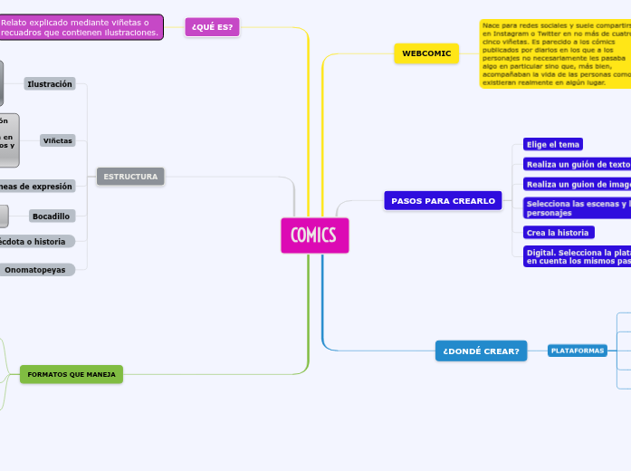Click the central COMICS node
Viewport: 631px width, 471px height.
[x=314, y=235]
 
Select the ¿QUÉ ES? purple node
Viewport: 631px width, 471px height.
[x=212, y=27]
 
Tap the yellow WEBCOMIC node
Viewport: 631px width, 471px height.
[x=426, y=54]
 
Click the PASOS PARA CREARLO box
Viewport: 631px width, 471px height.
[x=443, y=200]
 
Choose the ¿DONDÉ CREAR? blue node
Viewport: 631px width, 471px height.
[x=481, y=351]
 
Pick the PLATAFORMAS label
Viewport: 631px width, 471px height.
[x=578, y=351]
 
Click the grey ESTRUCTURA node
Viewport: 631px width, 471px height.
[x=130, y=177]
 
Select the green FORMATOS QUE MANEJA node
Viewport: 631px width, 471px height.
[x=72, y=374]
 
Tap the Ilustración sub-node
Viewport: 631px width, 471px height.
[x=50, y=84]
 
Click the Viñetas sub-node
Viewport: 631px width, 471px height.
[x=58, y=141]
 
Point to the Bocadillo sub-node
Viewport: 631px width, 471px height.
[x=52, y=216]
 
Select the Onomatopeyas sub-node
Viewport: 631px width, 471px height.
[x=36, y=270]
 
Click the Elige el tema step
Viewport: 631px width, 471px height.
[x=553, y=144]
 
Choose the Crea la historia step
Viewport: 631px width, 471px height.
[x=558, y=233]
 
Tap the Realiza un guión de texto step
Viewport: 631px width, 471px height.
[x=577, y=165]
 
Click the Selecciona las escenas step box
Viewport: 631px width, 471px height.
[x=577, y=208]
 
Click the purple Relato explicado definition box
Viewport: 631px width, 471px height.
[x=81, y=27]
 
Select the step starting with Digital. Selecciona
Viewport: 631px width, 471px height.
[x=577, y=256]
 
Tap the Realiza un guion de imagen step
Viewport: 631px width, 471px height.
[x=577, y=184]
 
